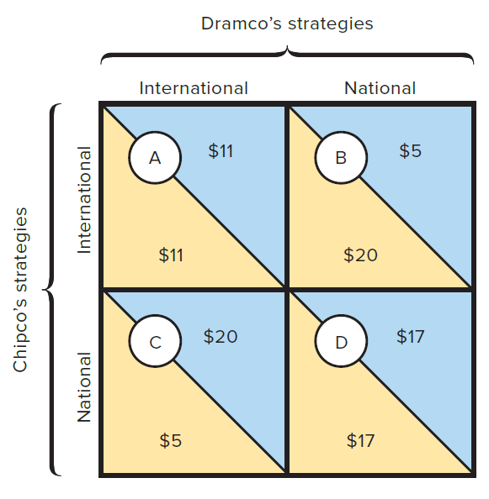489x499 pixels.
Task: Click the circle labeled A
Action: tap(155, 158)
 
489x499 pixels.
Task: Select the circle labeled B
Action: tap(341, 158)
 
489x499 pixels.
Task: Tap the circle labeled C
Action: tap(155, 341)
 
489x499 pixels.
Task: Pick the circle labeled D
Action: tap(341, 341)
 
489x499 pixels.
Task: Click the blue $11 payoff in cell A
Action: tap(221, 150)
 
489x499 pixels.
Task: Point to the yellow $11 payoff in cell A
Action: tap(171, 255)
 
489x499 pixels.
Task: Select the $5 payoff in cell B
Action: tap(410, 150)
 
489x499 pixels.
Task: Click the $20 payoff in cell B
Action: tap(360, 255)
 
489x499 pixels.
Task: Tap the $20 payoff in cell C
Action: tap(221, 336)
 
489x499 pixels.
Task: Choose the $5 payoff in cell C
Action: tap(171, 440)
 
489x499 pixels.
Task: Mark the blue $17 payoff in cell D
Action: tap(411, 336)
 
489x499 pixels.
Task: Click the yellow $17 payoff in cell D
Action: tap(360, 440)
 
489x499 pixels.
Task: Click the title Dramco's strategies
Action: tap(287, 24)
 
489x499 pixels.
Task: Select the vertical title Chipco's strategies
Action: tap(20, 290)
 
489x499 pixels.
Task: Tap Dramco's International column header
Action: tap(194, 88)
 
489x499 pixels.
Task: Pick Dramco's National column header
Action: tap(380, 88)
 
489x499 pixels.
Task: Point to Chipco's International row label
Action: tap(84, 200)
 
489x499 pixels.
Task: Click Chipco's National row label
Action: tap(84, 387)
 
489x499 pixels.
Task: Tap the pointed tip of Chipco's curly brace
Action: tap(43, 290)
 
